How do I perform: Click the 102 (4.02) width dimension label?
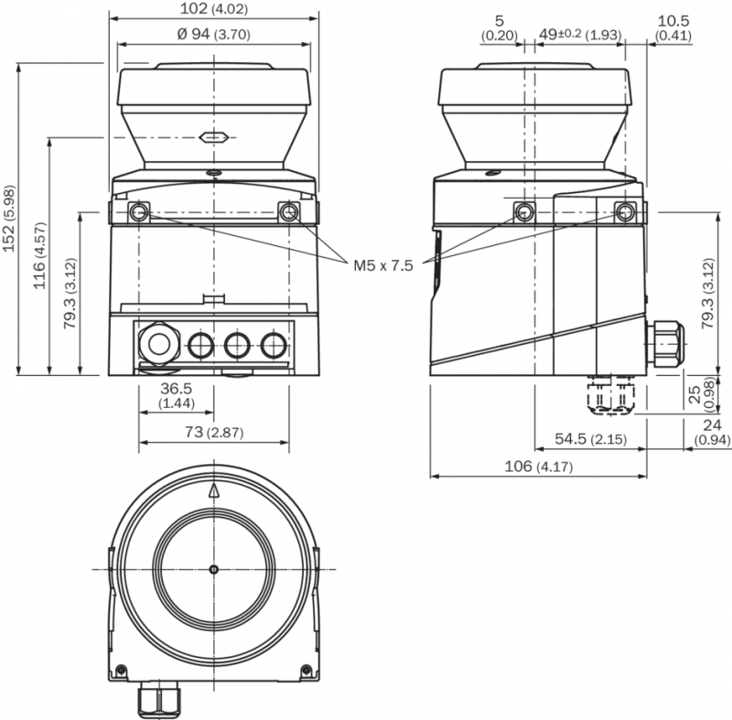click(x=214, y=8)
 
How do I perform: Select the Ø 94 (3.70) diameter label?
click(x=214, y=34)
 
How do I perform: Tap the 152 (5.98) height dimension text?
click(x=9, y=219)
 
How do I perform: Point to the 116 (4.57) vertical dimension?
click(x=39, y=255)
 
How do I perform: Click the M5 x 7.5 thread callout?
click(x=382, y=266)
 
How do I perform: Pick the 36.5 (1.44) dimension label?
click(x=177, y=395)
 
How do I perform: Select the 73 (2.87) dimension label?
click(x=214, y=432)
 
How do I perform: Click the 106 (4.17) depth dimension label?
click(x=538, y=467)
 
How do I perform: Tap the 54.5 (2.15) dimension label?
click(x=590, y=439)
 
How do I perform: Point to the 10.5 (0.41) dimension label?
click(x=673, y=27)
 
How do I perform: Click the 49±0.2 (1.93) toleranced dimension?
click(x=580, y=35)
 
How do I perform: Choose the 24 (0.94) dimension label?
click(x=712, y=432)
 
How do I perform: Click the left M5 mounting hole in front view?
click(x=139, y=212)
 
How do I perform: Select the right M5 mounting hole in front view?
click(x=288, y=212)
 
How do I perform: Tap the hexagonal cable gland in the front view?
click(x=159, y=344)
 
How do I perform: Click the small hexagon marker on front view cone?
click(x=214, y=137)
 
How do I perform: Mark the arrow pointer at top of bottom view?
click(x=214, y=490)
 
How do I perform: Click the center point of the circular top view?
click(x=214, y=569)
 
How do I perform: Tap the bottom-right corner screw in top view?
click(x=307, y=670)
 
